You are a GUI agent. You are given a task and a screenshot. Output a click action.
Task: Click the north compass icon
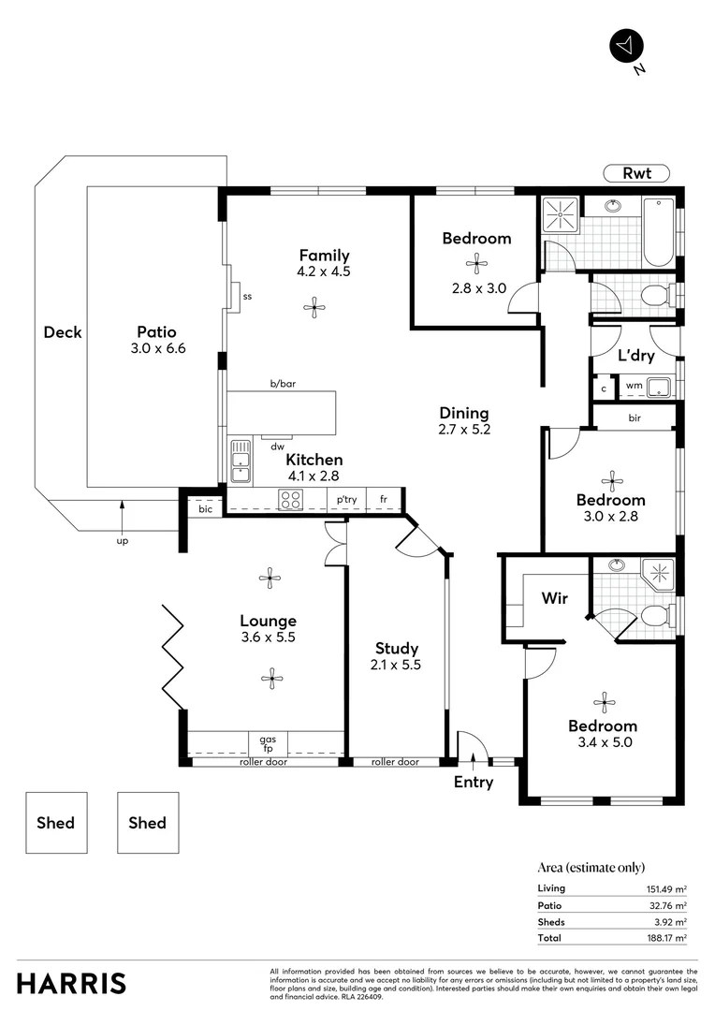point(625,44)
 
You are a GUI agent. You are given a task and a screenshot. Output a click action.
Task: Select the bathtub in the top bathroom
point(659,232)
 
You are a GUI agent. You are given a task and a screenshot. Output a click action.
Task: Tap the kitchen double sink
point(240,462)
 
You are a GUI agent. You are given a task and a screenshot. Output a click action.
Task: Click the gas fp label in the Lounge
point(268,743)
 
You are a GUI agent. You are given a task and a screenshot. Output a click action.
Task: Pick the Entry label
point(473,782)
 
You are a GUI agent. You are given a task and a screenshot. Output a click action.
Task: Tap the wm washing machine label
point(634,385)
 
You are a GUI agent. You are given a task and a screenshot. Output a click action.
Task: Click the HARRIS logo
point(71,983)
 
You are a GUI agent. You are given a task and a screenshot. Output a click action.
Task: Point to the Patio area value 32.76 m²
point(666,905)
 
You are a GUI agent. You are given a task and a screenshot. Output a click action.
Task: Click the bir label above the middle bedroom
point(635,417)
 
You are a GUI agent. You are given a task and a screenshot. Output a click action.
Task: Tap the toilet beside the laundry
point(656,297)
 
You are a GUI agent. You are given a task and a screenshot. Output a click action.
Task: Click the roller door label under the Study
point(395,762)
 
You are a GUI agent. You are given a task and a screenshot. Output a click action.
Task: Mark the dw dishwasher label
point(277,447)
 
